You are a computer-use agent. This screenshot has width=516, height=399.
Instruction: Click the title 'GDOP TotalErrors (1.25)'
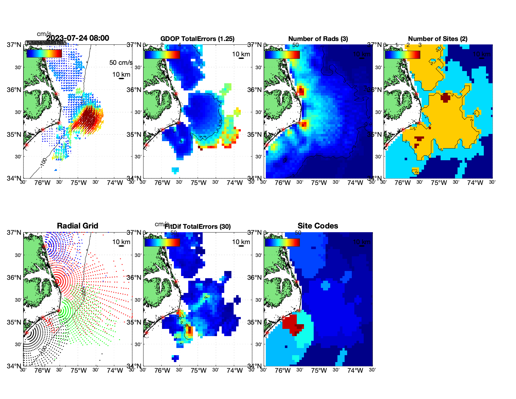pyautogui.click(x=197, y=39)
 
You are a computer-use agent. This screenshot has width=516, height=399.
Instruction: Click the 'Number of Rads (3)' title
pyautogui.click(x=318, y=39)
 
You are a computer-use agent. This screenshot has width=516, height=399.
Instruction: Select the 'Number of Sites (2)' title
pyautogui.click(x=438, y=39)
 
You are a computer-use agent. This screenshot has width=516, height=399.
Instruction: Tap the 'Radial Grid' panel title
pyautogui.click(x=78, y=226)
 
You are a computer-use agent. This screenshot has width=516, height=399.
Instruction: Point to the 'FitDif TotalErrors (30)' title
pyautogui.click(x=198, y=227)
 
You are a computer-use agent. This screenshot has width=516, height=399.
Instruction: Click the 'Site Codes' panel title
pyautogui.click(x=318, y=226)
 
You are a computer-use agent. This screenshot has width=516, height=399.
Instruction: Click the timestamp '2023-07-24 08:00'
pyautogui.click(x=78, y=38)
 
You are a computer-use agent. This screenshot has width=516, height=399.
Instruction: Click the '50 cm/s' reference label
pyautogui.click(x=121, y=63)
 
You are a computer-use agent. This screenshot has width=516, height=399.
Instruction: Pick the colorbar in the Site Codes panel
pyautogui.click(x=282, y=242)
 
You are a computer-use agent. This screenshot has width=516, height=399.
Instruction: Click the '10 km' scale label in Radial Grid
pyautogui.click(x=121, y=242)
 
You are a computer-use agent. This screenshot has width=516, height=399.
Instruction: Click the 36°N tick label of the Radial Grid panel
pyautogui.click(x=14, y=278)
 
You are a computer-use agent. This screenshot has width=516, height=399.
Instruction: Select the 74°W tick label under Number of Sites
pyautogui.click(x=475, y=183)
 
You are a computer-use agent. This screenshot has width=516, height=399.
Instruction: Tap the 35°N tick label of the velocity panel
pyautogui.click(x=14, y=135)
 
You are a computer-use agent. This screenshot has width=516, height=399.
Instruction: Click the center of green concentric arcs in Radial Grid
pyautogui.click(x=59, y=311)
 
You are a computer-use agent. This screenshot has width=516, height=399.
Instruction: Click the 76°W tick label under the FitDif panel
pyautogui.click(x=162, y=371)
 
